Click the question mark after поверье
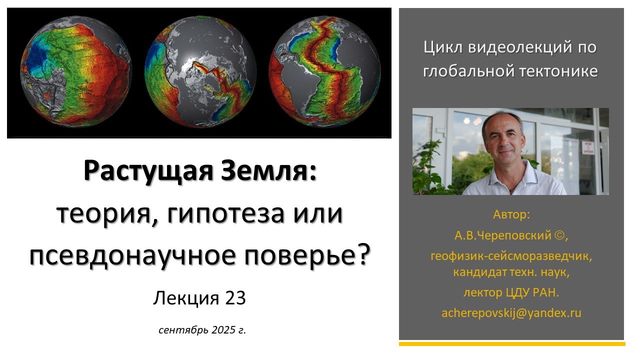[365, 255]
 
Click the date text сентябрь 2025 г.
[202, 330]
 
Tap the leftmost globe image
[75, 71]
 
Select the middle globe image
[200, 71]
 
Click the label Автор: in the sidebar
[511, 214]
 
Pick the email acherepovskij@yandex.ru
[511, 313]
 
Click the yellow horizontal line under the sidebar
[511, 344]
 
